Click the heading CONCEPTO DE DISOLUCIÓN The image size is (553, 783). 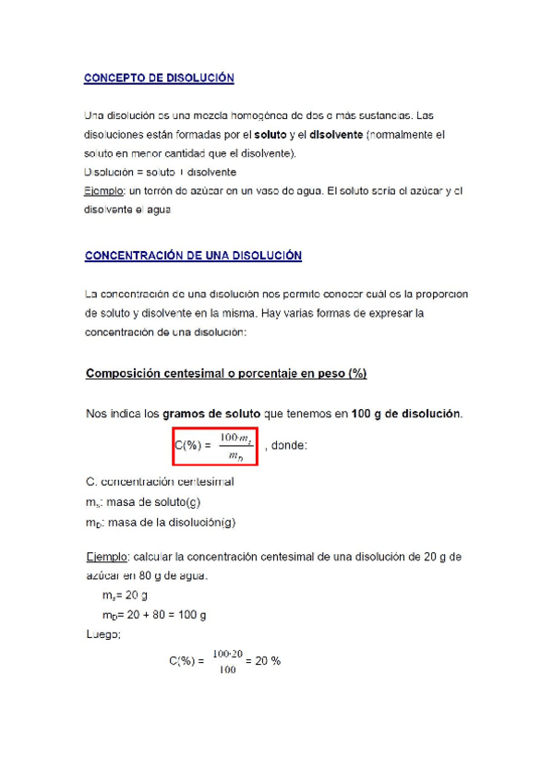(x=159, y=78)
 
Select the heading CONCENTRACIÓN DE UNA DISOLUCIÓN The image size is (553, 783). (x=193, y=255)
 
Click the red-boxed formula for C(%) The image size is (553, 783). (x=213, y=444)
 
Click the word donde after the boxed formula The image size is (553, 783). (x=291, y=445)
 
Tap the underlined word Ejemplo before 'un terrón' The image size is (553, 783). (x=102, y=190)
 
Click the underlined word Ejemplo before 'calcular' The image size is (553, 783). (x=102, y=557)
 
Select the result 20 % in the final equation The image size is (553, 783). (x=269, y=661)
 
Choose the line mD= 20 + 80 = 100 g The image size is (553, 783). (x=155, y=614)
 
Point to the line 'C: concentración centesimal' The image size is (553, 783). (x=159, y=482)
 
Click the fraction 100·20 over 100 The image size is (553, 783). (x=227, y=661)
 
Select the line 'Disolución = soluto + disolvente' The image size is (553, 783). (x=160, y=172)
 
